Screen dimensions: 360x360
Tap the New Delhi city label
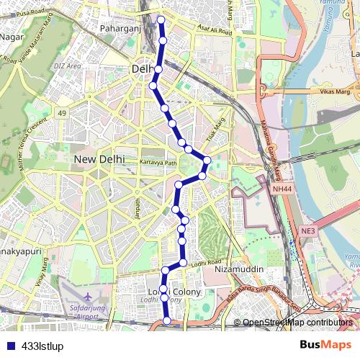100,159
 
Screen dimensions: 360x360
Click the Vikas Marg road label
333,93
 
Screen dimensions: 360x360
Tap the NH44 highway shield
283,189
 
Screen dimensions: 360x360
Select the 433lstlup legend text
43,346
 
